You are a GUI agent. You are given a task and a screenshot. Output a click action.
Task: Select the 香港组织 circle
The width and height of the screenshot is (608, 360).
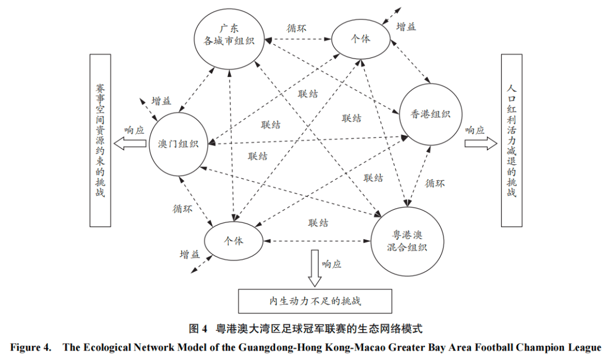431,115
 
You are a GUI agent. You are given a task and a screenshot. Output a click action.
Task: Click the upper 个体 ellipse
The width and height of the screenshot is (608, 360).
360,38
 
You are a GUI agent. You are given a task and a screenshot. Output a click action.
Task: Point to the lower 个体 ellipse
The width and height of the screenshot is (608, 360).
234,241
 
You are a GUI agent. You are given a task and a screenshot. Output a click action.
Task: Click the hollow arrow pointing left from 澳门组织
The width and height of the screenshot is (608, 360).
129,144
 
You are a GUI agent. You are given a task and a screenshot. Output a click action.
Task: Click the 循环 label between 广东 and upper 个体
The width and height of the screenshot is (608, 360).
297,28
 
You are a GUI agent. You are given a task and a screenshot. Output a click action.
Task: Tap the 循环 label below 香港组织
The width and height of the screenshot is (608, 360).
435,183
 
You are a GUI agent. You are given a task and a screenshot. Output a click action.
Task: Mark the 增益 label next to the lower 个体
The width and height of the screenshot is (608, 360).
190,254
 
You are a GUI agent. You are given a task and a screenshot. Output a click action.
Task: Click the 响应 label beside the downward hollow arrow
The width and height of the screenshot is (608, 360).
332,264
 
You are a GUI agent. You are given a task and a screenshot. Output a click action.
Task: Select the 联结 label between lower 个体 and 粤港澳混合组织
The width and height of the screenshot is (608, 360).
318,223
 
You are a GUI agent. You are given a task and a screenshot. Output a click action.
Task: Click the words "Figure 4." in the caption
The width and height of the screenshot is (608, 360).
32,347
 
